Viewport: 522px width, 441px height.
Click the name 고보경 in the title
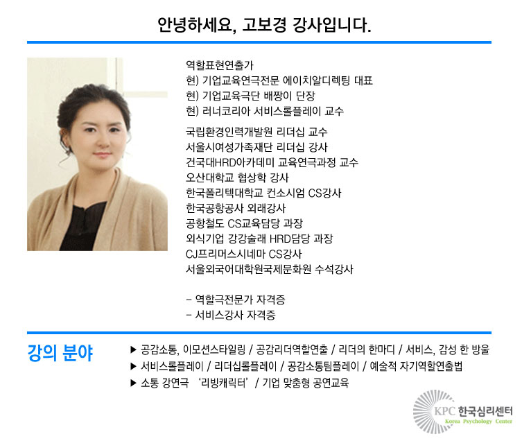(x=264, y=25)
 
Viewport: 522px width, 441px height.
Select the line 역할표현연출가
(x=220, y=65)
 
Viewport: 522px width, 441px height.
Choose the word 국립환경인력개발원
(x=229, y=132)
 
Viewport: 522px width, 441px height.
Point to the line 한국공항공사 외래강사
(x=236, y=209)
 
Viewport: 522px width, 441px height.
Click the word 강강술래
(x=247, y=239)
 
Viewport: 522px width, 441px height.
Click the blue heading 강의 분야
(x=60, y=353)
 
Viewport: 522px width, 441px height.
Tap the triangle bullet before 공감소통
(x=134, y=349)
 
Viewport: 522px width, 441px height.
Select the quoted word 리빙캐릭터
(x=224, y=383)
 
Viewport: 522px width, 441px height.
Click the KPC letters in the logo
(x=444, y=411)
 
